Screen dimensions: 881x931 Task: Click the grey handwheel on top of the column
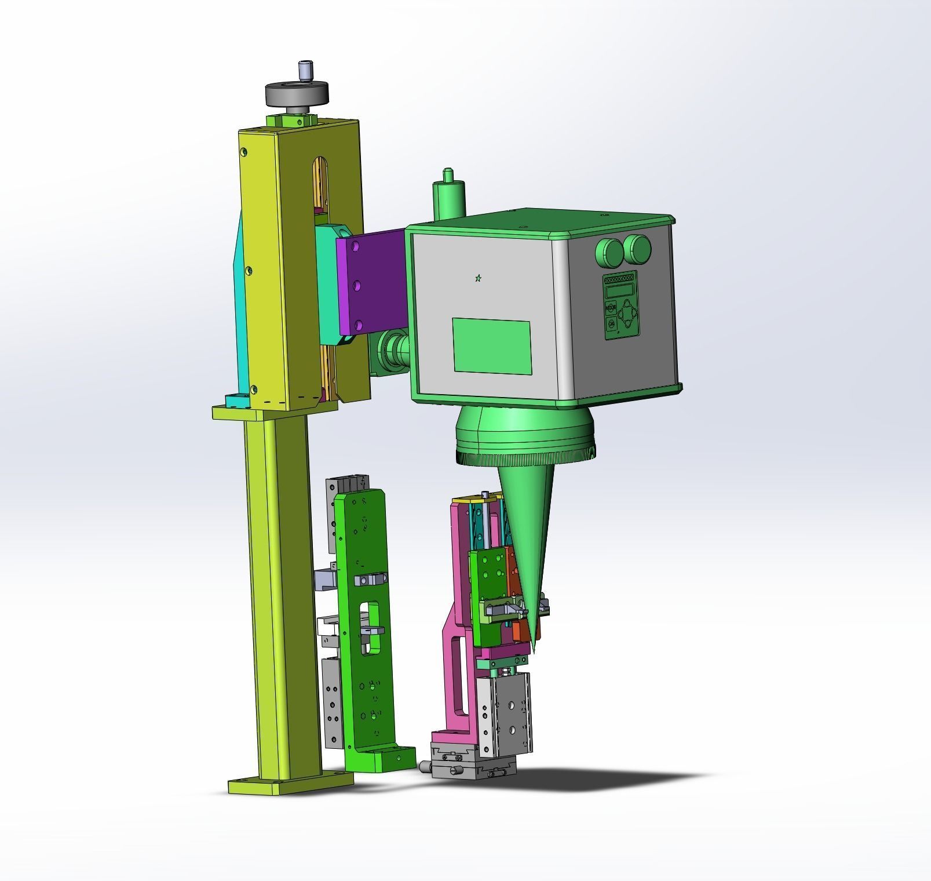(297, 93)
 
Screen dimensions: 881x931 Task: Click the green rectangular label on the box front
(492, 345)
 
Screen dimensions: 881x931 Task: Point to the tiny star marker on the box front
(478, 279)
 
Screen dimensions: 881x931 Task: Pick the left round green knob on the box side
(607, 251)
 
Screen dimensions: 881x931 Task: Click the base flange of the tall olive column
(290, 784)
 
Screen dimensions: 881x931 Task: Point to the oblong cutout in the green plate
(370, 629)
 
